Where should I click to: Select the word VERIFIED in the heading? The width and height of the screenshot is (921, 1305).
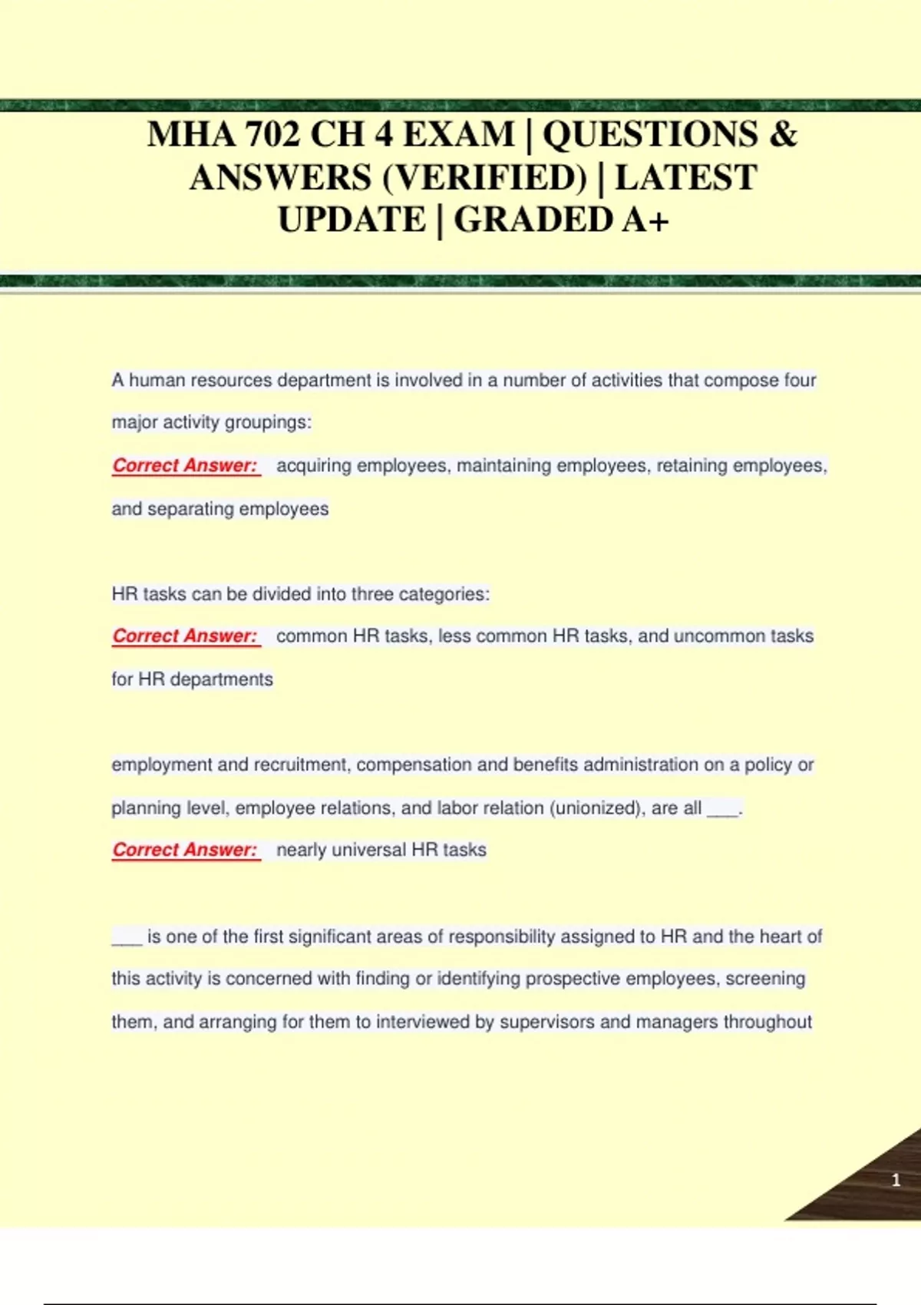click(x=484, y=178)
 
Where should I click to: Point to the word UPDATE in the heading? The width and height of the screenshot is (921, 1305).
click(x=352, y=220)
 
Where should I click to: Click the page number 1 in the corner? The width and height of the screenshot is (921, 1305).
click(x=895, y=1180)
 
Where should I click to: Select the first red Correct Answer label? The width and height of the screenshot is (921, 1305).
click(x=185, y=466)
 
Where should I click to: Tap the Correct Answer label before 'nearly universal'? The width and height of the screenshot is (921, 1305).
click(x=185, y=851)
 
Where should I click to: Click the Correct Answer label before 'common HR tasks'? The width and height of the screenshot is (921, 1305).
click(x=185, y=636)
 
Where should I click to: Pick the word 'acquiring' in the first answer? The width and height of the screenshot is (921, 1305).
click(x=314, y=466)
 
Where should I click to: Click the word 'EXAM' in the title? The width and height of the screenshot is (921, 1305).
click(x=458, y=135)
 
